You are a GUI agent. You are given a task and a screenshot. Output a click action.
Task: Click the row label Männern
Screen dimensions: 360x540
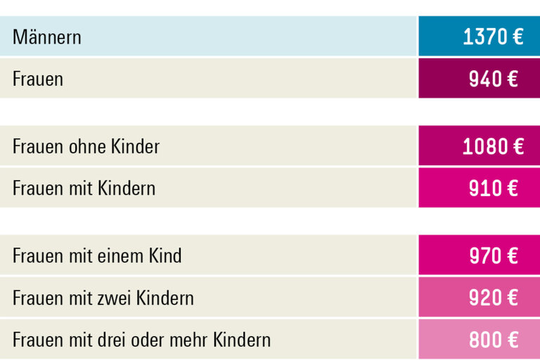tap(47, 37)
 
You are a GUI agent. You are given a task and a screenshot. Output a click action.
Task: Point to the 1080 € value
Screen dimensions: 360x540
tap(493, 146)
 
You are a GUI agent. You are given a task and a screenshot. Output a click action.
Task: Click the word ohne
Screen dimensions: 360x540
tap(86, 146)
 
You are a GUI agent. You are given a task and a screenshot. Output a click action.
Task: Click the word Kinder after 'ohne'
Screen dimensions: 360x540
tap(135, 146)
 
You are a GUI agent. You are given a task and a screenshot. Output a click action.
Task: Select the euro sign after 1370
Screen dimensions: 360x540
tap(516, 37)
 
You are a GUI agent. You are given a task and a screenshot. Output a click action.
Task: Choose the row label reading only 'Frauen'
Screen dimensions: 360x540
tap(38, 79)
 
